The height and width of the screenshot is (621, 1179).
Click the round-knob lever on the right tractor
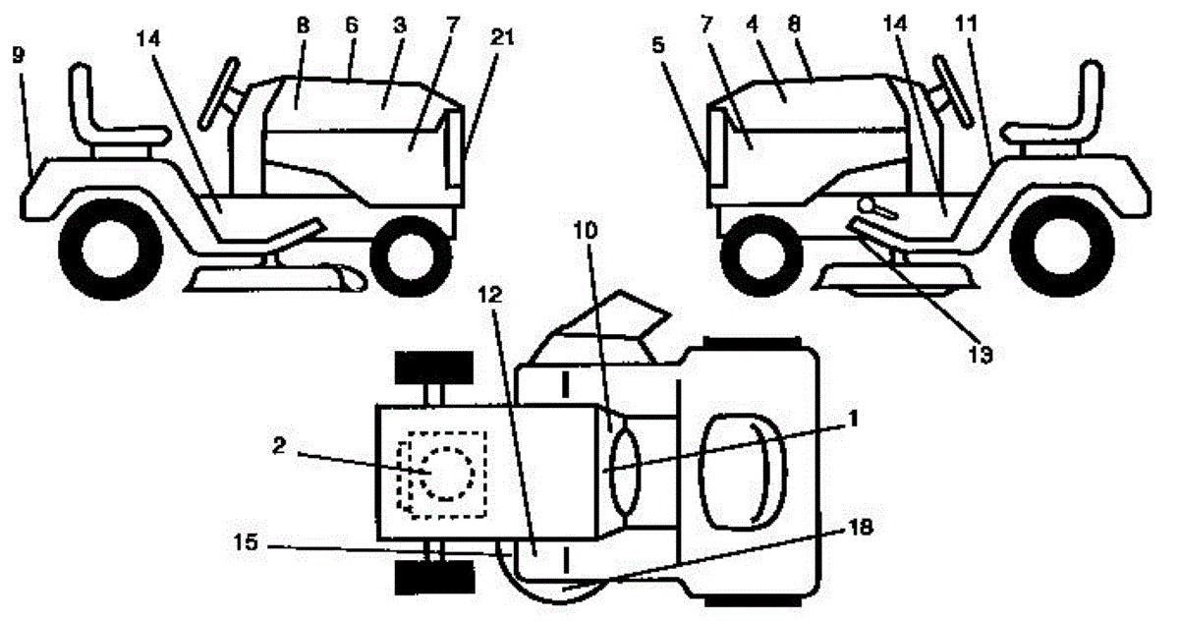[x=872, y=205]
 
